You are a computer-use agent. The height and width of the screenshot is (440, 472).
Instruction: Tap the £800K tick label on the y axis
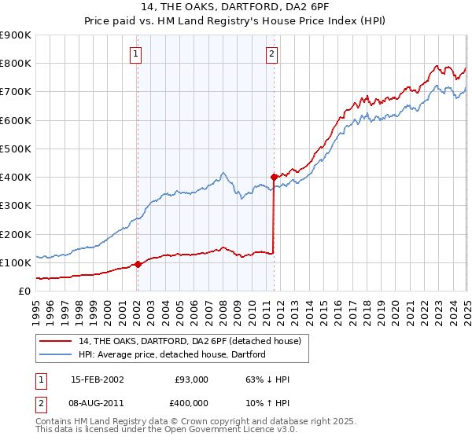(16, 63)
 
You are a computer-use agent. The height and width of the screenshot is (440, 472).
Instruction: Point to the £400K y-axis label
(16, 177)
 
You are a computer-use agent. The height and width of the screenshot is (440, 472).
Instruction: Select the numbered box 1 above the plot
(137, 54)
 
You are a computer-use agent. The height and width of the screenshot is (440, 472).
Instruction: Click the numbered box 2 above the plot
(271, 54)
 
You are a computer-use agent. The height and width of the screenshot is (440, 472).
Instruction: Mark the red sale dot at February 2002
(138, 264)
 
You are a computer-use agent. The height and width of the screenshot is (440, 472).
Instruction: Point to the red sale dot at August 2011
(274, 177)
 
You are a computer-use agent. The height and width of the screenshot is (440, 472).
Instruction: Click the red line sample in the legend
(55, 340)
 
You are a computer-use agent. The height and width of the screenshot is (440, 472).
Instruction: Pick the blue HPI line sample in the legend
(55, 354)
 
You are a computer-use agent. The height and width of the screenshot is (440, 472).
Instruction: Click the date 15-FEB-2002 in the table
(97, 379)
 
